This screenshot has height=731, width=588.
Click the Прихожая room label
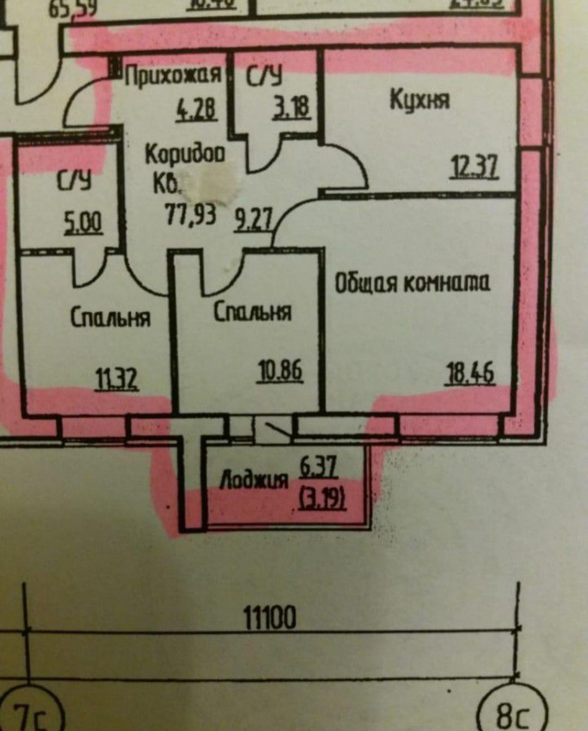pos(173,76)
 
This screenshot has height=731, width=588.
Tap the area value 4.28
pos(196,109)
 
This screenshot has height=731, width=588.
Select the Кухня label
pos(420,101)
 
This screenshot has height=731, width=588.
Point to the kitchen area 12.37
pos(474,167)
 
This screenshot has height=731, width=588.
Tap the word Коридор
pos(185,155)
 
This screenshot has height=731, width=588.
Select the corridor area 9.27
pos(253,221)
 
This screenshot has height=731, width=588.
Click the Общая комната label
pos(412,283)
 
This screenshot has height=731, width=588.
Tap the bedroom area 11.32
pos(117,379)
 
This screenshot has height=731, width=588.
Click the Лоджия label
pos(254,480)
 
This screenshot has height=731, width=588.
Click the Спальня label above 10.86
pos(252,312)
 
